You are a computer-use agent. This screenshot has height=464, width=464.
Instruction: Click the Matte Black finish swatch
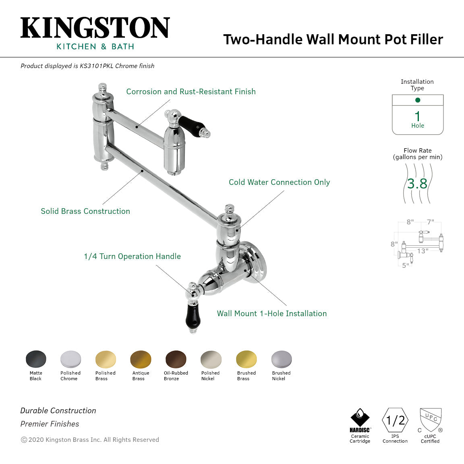pyautogui.click(x=36, y=359)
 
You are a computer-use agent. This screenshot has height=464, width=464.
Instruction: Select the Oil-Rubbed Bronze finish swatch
pyautogui.click(x=176, y=359)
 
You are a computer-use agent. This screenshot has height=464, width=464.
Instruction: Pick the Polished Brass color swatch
pyautogui.click(x=106, y=359)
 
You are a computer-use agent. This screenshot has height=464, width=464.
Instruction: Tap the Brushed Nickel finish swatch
pyautogui.click(x=281, y=359)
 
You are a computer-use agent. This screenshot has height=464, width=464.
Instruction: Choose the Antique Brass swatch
pyautogui.click(x=141, y=359)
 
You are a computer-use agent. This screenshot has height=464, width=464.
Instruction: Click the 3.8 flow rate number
pyautogui.click(x=417, y=184)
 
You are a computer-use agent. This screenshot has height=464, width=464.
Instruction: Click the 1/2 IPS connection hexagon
pyautogui.click(x=395, y=420)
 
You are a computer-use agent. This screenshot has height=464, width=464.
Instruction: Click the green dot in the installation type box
pyautogui.click(x=418, y=100)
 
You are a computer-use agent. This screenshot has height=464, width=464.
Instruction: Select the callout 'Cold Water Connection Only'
pyautogui.click(x=279, y=182)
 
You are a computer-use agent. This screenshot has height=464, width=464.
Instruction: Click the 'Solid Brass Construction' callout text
pyautogui.click(x=85, y=211)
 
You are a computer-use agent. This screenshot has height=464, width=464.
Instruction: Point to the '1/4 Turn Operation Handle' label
pyautogui.click(x=132, y=257)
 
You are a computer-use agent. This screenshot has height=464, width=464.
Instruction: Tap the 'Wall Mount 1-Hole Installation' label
pyautogui.click(x=272, y=314)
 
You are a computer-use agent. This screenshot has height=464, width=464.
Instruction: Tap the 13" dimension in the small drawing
pyautogui.click(x=423, y=251)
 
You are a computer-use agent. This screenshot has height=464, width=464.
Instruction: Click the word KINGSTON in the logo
pyautogui.click(x=95, y=28)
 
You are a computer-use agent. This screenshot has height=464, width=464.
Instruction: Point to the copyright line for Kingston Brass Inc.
pyautogui.click(x=90, y=440)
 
